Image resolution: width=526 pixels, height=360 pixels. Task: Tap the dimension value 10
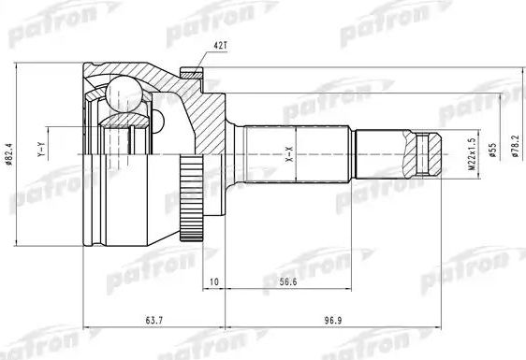coord(214,280)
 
